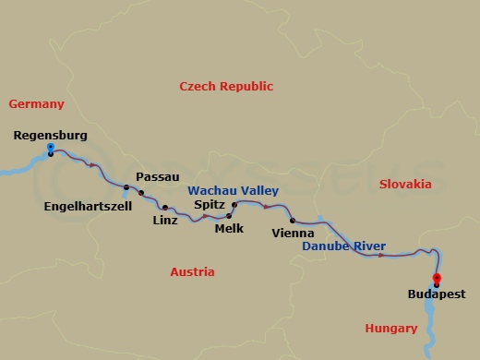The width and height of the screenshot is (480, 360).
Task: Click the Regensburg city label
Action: (x=51, y=135)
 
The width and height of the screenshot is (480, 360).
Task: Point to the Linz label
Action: (x=165, y=221)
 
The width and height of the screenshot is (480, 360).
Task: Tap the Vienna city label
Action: (x=294, y=234)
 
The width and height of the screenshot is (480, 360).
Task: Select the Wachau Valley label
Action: (x=234, y=190)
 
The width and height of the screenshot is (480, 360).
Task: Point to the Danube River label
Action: (x=344, y=246)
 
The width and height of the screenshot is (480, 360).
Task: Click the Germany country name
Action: (x=35, y=104)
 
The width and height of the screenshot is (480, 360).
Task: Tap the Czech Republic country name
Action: (x=226, y=86)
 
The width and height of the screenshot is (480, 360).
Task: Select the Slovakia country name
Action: (x=405, y=185)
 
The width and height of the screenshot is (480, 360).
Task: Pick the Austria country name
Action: (x=192, y=271)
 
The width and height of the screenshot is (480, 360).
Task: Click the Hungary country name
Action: (x=391, y=328)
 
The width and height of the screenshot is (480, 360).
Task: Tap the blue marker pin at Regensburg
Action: (x=49, y=147)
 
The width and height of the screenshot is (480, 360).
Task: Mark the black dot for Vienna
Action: (x=293, y=220)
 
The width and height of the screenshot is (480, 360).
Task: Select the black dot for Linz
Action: (x=165, y=208)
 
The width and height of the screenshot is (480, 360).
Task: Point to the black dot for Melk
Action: (x=229, y=216)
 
